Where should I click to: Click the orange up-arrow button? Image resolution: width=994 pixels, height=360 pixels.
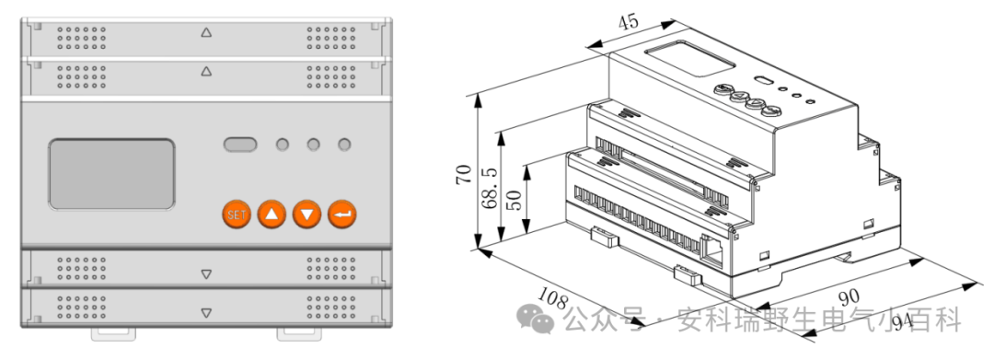pyautogui.click(x=272, y=215)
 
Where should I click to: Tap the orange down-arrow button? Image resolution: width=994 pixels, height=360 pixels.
pyautogui.click(x=307, y=215)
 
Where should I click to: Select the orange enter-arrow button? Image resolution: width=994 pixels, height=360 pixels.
pyautogui.click(x=342, y=215)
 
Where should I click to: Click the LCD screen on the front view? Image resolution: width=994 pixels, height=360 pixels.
pyautogui.click(x=111, y=174)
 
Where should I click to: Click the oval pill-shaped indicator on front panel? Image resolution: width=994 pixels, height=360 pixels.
pyautogui.click(x=240, y=145)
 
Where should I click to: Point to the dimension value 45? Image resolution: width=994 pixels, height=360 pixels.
pyautogui.click(x=629, y=22)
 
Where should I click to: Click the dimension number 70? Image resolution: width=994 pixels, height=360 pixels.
pyautogui.click(x=464, y=174)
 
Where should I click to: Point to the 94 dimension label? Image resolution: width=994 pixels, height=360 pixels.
pyautogui.click(x=906, y=322)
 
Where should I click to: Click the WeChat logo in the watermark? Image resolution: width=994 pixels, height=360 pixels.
pyautogui.click(x=535, y=318)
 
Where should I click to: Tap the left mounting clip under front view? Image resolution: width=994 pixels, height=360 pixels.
pyautogui.click(x=113, y=333)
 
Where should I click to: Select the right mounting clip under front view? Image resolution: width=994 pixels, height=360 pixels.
pyautogui.click(x=299, y=333)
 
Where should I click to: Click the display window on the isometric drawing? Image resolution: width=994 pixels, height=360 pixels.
pyautogui.click(x=689, y=59)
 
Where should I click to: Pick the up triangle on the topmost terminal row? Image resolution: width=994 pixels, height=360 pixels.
pyautogui.click(x=206, y=32)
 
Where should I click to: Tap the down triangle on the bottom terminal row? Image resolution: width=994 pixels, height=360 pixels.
pyautogui.click(x=206, y=313)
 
